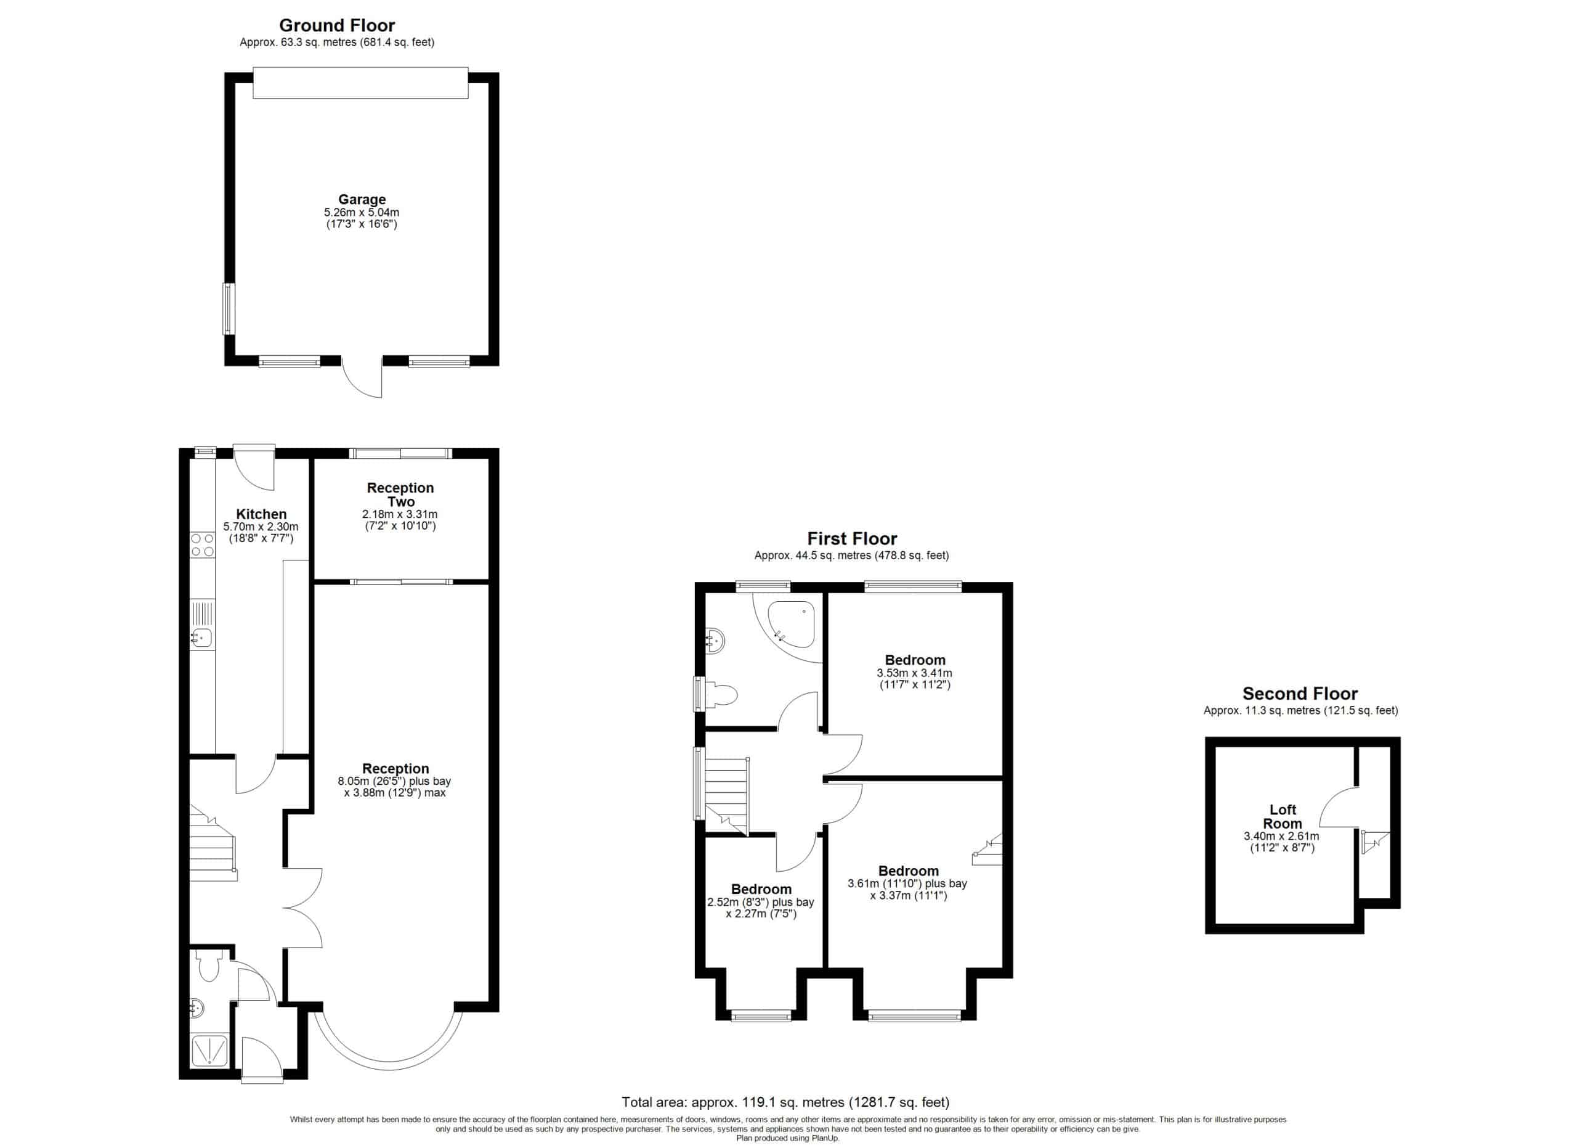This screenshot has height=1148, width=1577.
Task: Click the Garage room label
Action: (362, 200)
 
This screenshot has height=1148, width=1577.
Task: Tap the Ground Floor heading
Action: (337, 26)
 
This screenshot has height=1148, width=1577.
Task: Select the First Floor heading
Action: (852, 538)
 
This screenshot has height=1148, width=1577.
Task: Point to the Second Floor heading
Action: (1300, 694)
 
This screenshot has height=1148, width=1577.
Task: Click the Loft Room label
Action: (1283, 816)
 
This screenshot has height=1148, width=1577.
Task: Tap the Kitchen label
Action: (261, 514)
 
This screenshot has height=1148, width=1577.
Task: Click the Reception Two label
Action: (400, 494)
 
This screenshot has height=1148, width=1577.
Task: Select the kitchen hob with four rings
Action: (202, 545)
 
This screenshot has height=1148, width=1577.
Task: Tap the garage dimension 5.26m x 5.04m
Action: (362, 212)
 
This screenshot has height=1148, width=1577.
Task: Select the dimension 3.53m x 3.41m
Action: (914, 673)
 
